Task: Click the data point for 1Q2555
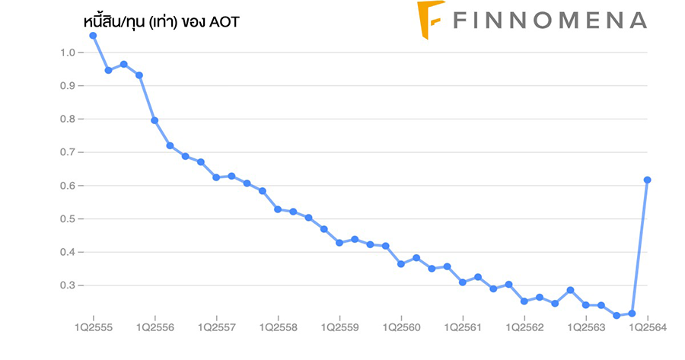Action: [93, 35]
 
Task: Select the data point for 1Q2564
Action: [648, 180]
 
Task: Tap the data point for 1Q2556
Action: [155, 120]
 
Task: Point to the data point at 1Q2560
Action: [401, 264]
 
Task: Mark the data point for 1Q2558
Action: [278, 209]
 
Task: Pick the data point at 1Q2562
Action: [524, 301]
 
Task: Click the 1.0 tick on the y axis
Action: [67, 53]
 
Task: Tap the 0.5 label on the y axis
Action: [67, 219]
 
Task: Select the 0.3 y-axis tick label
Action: [67, 285]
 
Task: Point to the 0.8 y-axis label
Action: [67, 119]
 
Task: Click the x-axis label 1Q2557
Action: [216, 327]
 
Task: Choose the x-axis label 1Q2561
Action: [463, 327]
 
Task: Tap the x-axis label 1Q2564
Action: [648, 327]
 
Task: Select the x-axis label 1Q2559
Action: [339, 327]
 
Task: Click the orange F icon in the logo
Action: [431, 20]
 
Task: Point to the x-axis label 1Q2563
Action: [586, 327]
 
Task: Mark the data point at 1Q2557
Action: [216, 177]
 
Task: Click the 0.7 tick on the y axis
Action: [67, 152]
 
